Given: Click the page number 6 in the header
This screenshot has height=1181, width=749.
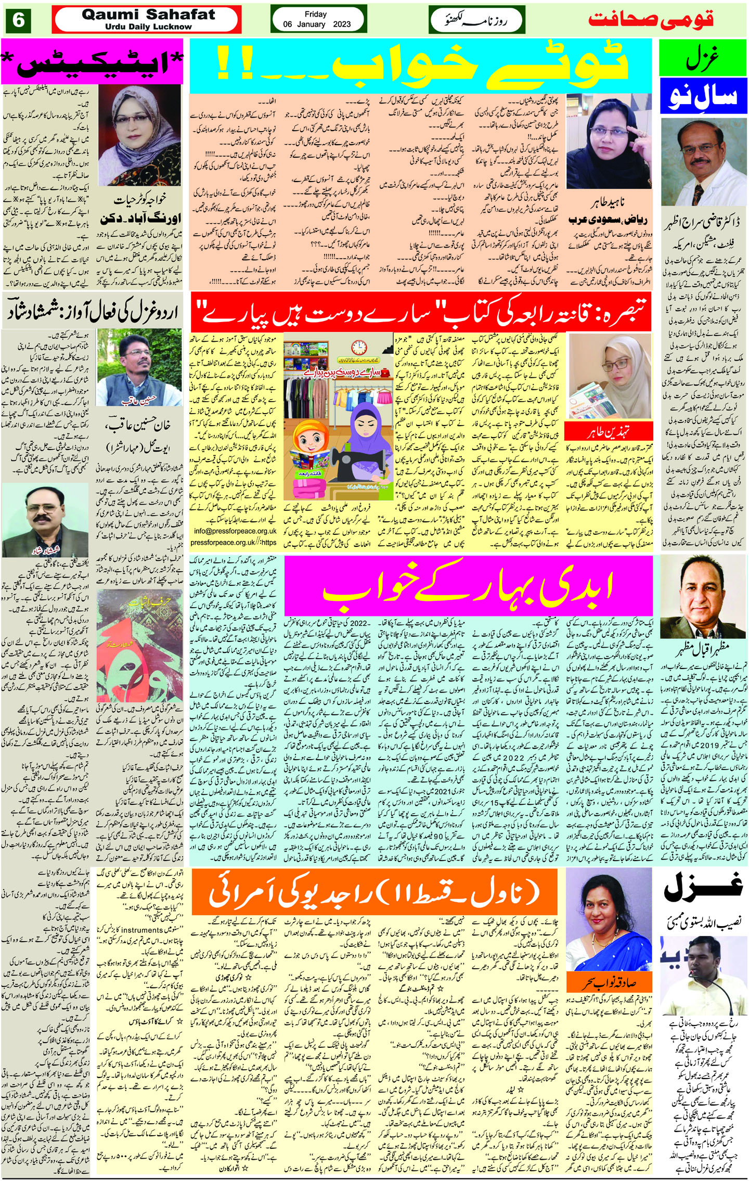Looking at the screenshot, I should click(x=18, y=20).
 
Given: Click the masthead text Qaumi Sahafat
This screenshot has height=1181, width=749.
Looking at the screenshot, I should click(x=148, y=15).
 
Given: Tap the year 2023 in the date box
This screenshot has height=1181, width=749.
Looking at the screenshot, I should click(x=342, y=24).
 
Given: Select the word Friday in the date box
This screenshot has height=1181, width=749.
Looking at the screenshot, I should click(x=316, y=14).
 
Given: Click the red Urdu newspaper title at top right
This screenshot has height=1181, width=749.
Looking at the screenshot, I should click(x=651, y=20).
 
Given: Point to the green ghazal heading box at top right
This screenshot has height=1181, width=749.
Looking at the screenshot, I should click(x=703, y=57).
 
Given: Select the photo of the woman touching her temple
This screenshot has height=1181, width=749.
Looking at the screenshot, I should click(x=608, y=140).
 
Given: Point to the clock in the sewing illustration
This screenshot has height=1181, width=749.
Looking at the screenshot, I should click(x=357, y=347).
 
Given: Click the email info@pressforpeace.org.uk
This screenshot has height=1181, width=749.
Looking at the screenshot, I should click(x=235, y=531).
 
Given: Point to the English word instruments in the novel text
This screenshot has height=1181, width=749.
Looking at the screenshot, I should click(x=132, y=930).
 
